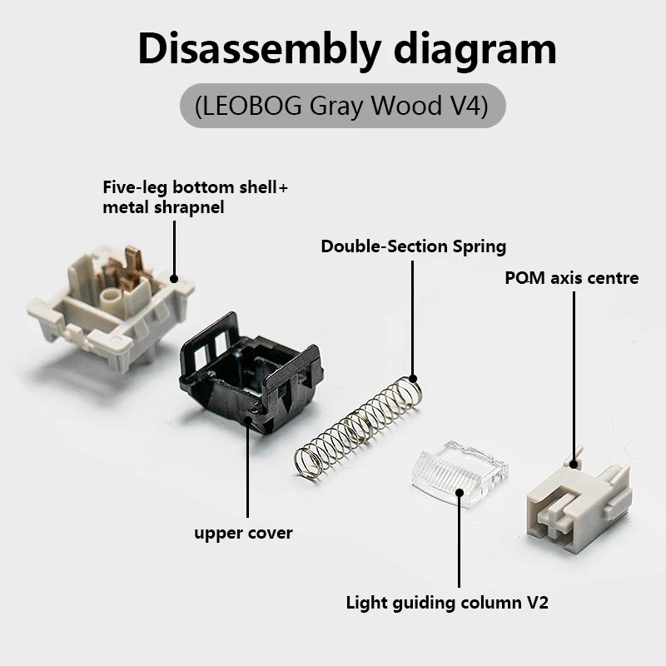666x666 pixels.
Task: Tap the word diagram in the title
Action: click(475, 49)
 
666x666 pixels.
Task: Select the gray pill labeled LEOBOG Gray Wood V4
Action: click(343, 106)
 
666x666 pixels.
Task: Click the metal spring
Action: click(358, 427)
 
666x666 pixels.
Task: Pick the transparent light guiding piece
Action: click(460, 474)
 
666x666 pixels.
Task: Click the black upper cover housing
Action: click(251, 374)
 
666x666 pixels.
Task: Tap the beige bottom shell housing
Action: click(112, 306)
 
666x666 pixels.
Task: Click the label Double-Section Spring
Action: click(413, 246)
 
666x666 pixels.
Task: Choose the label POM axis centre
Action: click(572, 278)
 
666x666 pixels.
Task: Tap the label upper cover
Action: click(243, 534)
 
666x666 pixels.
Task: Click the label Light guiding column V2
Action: click(447, 603)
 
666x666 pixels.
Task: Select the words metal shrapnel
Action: click(163, 207)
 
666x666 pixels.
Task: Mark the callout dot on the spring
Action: click(412, 379)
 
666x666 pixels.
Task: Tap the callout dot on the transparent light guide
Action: click(460, 492)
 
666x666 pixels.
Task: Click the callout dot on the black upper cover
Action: click(247, 420)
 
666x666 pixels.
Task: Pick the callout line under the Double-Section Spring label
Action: click(412, 320)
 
